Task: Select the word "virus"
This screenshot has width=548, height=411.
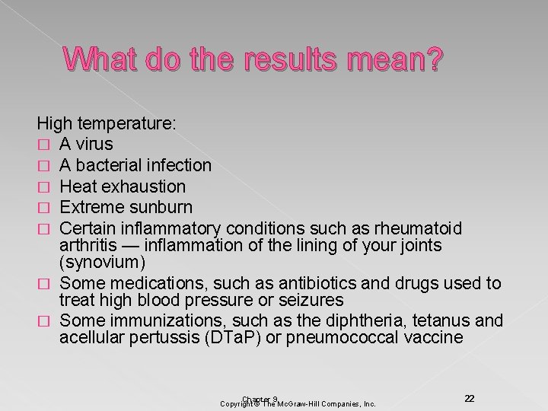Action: pos(95,144)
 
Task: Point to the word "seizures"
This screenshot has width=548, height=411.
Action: pos(308,301)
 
